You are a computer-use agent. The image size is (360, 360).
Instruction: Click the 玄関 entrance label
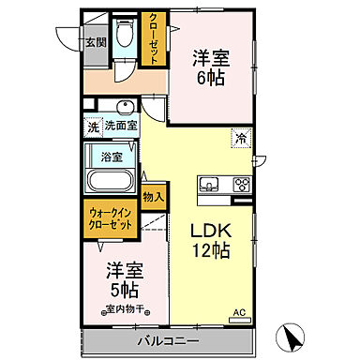96,42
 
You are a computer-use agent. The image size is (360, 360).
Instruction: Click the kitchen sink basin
208,183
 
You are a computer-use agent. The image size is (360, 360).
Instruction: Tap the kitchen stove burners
241,184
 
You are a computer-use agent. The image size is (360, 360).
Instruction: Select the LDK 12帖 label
212,240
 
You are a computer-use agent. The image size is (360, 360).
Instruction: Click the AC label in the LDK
238,311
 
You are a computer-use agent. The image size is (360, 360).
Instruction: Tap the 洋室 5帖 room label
122,276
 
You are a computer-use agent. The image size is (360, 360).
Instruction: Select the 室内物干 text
122,309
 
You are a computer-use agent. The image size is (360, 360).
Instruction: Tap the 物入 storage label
153,197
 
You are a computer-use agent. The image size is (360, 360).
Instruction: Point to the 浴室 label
112,155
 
